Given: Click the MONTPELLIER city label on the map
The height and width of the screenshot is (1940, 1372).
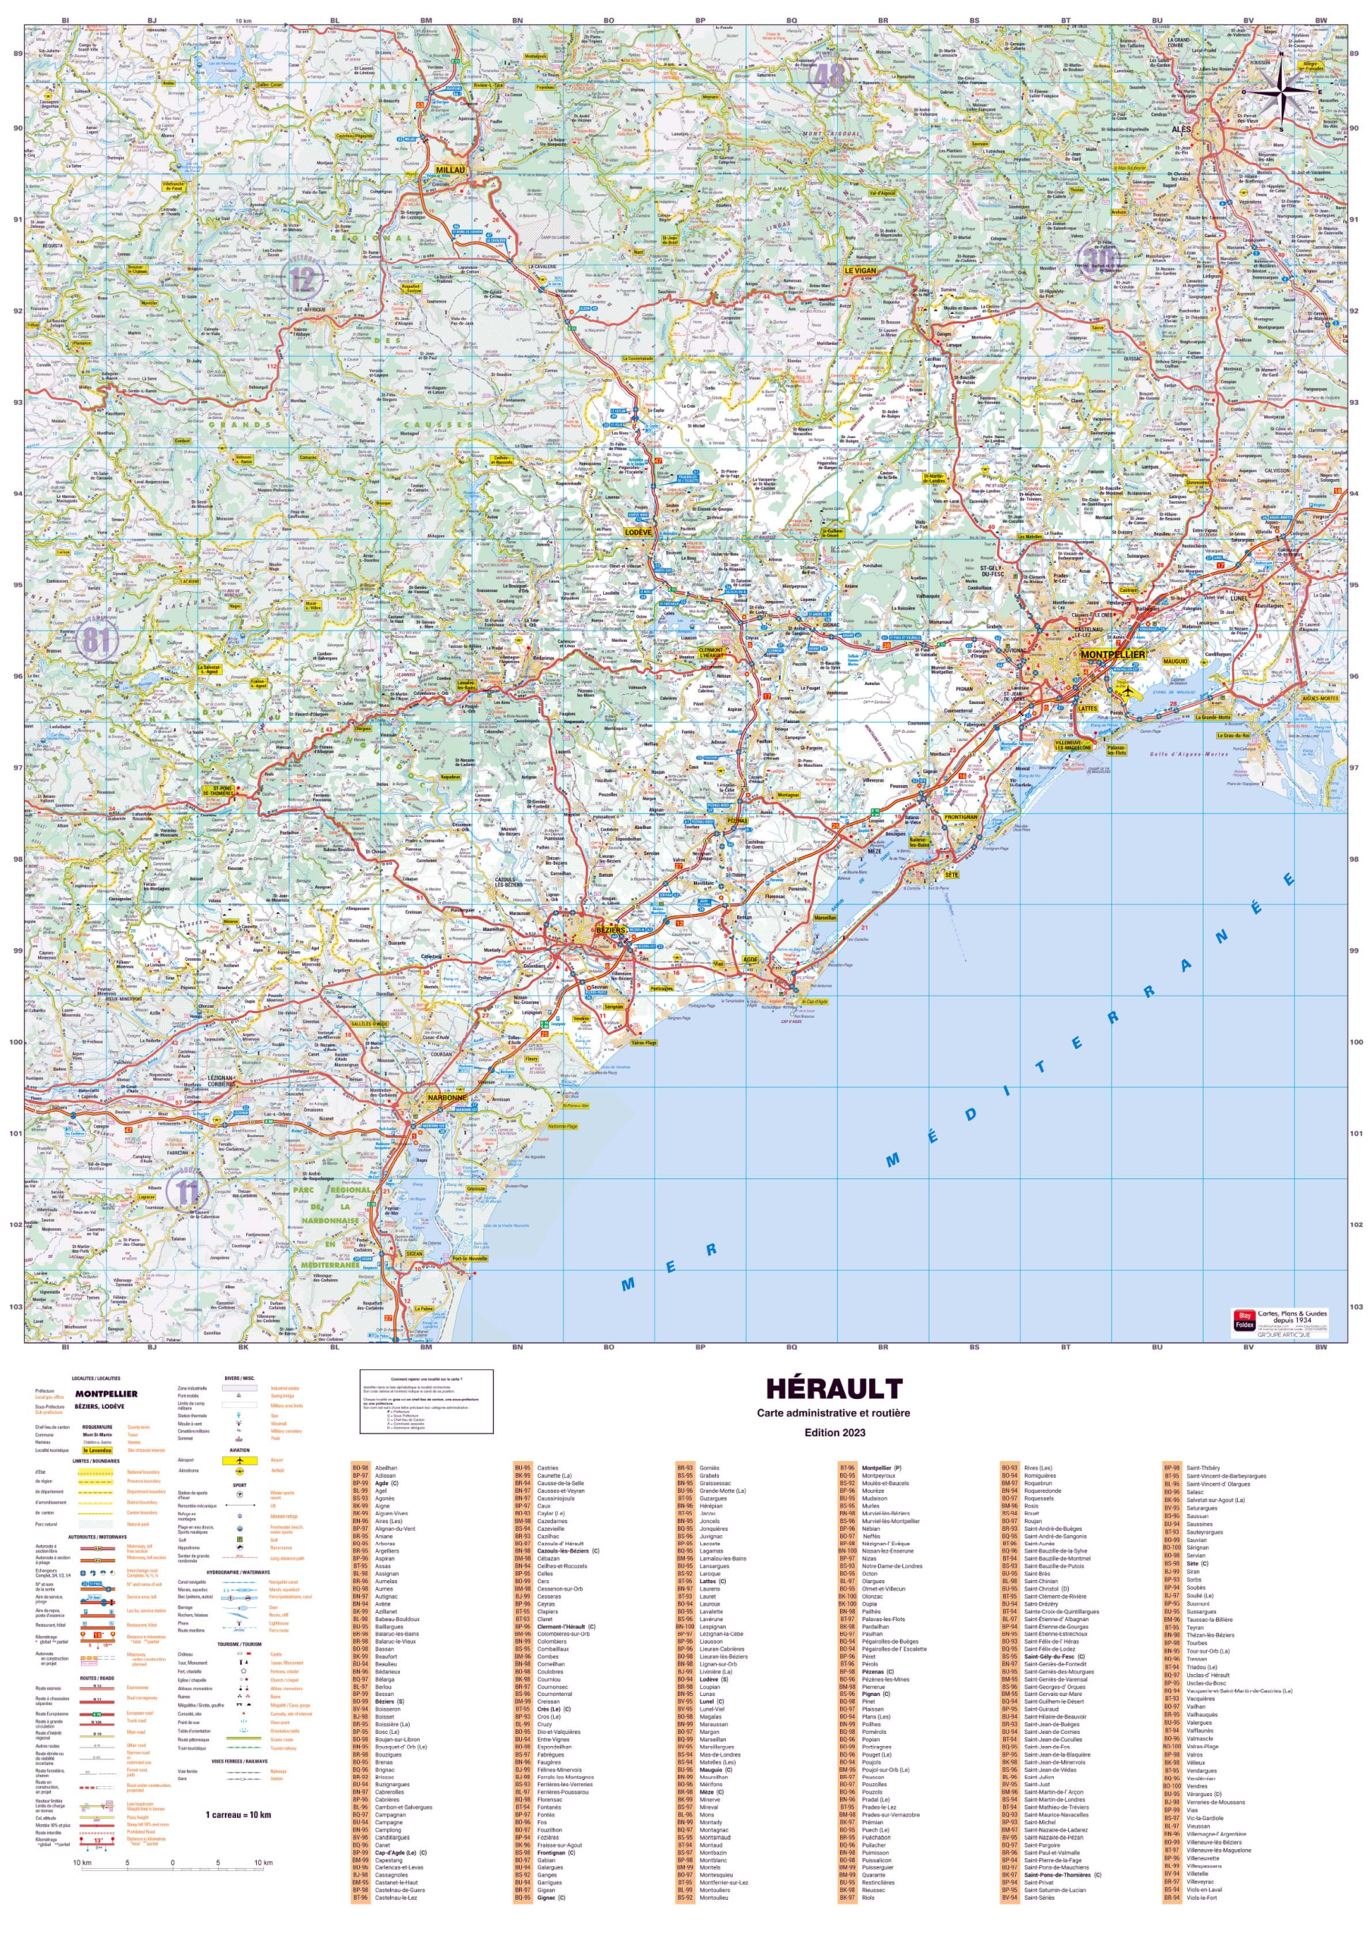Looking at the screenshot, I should [1113, 655].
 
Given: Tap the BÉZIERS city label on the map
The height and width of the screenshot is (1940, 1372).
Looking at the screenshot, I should [611, 929].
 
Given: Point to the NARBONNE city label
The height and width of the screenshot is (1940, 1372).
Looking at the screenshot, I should [446, 1097].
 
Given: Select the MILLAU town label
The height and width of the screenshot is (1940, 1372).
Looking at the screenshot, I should [451, 169].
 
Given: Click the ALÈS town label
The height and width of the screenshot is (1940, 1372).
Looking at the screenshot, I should [1180, 130].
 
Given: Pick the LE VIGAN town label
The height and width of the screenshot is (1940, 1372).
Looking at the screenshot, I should [860, 271].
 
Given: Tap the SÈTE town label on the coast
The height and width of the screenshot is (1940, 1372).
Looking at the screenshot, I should [952, 875].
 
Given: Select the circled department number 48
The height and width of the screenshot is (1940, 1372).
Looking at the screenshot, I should [828, 76].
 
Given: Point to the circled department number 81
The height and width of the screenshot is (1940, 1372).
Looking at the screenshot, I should [95, 640].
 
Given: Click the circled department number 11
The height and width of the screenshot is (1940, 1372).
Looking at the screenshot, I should [186, 1192].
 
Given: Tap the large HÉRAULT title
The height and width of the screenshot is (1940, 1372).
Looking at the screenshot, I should [833, 1389].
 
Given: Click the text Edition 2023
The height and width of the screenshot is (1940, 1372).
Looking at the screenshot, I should [833, 1432].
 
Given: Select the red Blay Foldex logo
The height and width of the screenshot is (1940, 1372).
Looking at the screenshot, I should [1243, 1321].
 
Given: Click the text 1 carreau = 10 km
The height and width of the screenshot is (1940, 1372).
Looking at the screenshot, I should [238, 1815].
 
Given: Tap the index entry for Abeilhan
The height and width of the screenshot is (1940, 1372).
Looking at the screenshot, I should [386, 1469].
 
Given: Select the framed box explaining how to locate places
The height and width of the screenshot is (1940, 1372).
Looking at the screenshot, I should [427, 1401].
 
